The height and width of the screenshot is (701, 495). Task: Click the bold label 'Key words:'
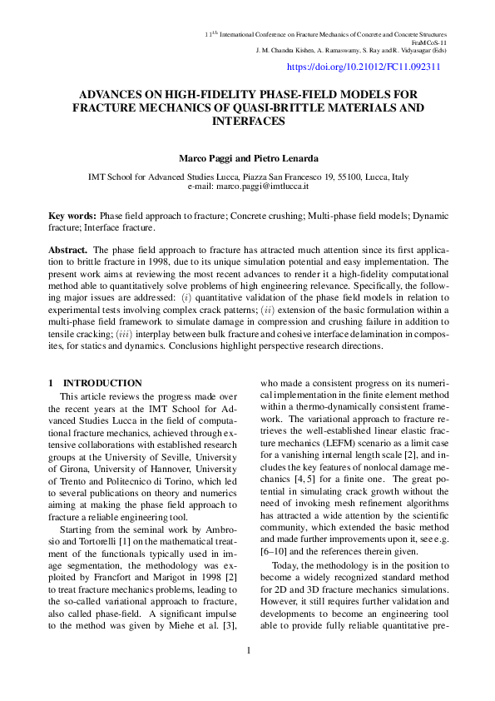coord(72,216)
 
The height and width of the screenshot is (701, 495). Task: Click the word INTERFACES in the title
coord(248,122)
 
